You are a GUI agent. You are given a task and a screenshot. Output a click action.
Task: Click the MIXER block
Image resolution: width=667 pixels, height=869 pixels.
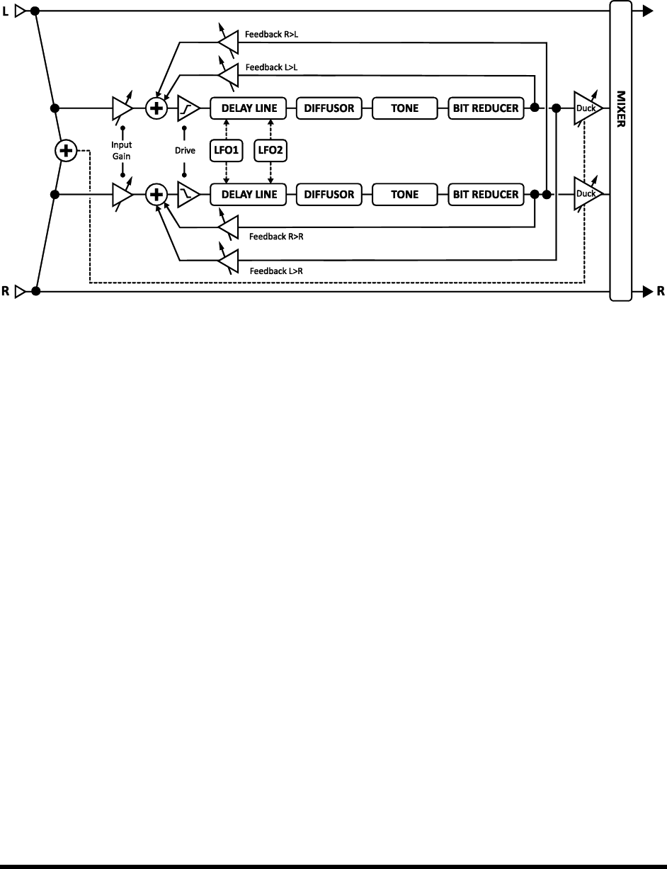[620, 151]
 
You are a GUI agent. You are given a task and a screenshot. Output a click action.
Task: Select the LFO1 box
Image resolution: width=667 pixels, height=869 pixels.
[226, 151]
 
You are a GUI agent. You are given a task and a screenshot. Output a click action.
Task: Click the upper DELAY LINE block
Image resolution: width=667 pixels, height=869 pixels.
[248, 108]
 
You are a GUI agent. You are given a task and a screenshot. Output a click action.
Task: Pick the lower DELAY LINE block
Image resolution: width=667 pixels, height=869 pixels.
[248, 194]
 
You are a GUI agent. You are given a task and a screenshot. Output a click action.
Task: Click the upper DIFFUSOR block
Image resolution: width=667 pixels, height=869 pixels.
[329, 108]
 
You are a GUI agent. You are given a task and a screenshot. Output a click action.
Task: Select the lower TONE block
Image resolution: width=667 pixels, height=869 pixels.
[404, 194]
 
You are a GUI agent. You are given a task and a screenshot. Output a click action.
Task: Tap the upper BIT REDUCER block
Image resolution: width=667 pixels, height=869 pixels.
[486, 108]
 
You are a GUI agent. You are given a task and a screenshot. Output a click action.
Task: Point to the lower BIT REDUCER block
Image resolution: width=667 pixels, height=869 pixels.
[486, 194]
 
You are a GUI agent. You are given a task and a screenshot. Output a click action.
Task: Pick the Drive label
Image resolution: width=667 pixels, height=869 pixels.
[185, 150]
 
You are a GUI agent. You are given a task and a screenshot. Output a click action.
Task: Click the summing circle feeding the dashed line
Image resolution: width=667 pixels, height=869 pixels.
[66, 151]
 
